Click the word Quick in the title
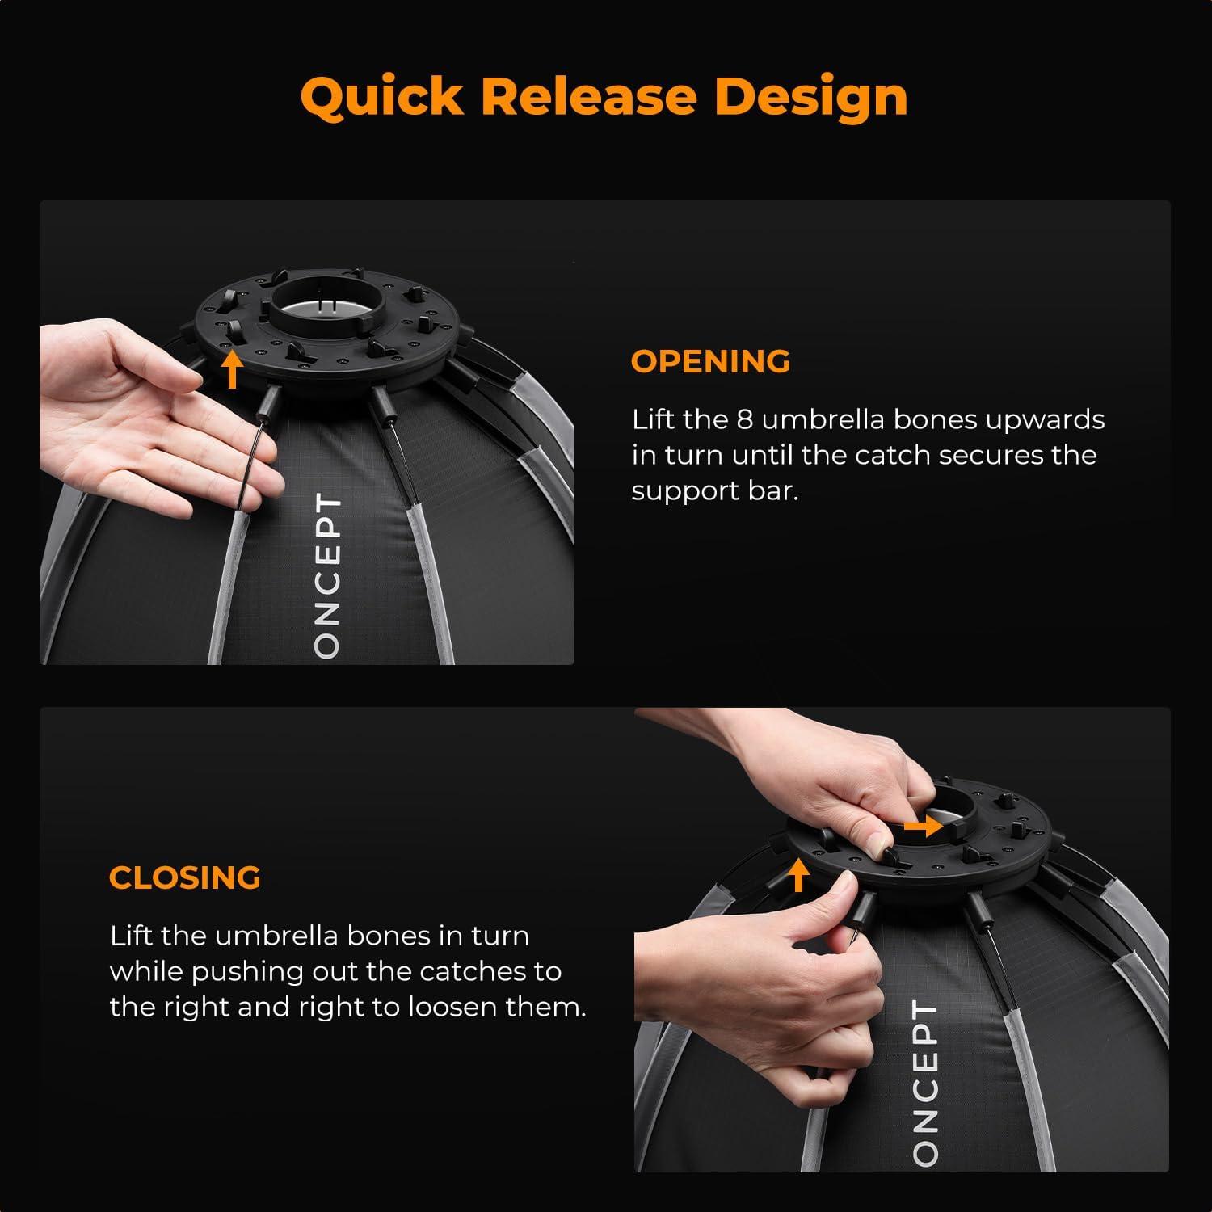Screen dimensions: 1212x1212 point(381,98)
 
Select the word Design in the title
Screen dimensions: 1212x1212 point(810,98)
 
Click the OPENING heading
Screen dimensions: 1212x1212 point(710,361)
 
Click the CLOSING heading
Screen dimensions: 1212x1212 point(185,877)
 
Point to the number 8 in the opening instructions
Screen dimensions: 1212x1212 point(744,419)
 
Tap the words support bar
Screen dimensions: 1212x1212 point(714,491)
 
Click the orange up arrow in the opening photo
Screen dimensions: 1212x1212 point(233,370)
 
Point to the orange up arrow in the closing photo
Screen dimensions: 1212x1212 point(798,875)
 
